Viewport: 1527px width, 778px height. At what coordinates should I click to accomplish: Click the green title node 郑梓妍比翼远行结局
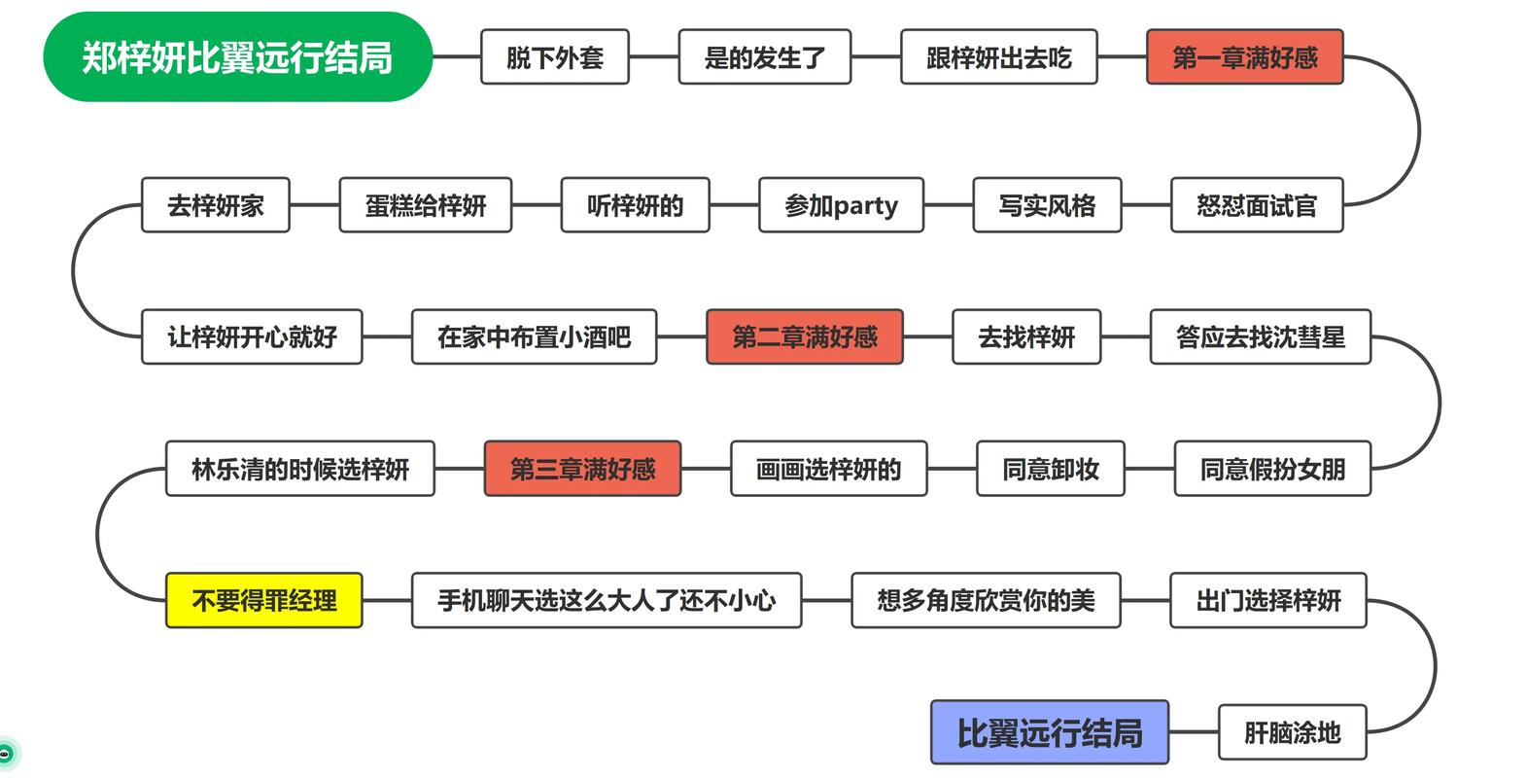click(x=237, y=56)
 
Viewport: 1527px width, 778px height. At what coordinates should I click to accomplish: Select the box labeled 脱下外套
click(x=554, y=57)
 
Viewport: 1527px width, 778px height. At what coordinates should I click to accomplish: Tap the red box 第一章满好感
click(x=1244, y=57)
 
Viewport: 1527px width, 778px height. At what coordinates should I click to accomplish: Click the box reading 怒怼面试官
click(x=1256, y=205)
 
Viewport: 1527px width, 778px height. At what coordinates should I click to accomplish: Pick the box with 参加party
click(x=841, y=205)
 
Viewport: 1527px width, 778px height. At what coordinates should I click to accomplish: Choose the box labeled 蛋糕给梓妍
click(x=425, y=205)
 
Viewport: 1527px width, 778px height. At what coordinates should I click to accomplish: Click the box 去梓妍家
click(x=215, y=205)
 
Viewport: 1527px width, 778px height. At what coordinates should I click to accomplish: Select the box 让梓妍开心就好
click(x=252, y=336)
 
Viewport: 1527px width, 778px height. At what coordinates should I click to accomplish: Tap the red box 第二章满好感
click(x=804, y=336)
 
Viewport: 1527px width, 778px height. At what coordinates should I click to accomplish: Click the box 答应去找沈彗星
click(x=1260, y=336)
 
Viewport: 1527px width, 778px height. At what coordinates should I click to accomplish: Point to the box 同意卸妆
click(x=1050, y=469)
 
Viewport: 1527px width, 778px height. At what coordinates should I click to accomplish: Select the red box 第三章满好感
click(x=582, y=469)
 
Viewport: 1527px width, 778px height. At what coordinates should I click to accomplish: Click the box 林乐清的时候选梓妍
click(x=299, y=469)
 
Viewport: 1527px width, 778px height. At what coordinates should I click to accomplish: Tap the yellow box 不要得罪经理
click(x=263, y=600)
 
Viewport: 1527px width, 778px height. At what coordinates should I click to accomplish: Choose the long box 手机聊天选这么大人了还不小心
click(x=607, y=600)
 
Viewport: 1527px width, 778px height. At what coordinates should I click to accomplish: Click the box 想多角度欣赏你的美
click(x=986, y=600)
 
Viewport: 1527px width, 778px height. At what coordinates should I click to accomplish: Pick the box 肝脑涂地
click(x=1292, y=732)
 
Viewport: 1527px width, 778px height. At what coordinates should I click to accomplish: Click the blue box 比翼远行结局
click(x=1049, y=732)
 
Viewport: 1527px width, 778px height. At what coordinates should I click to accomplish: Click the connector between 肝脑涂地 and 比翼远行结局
click(x=1194, y=732)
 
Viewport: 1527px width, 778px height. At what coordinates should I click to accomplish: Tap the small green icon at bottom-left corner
click(x=6, y=754)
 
